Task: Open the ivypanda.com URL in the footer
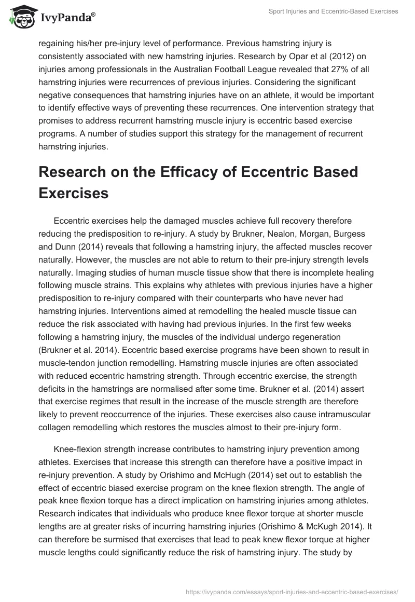[x=292, y=591]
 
